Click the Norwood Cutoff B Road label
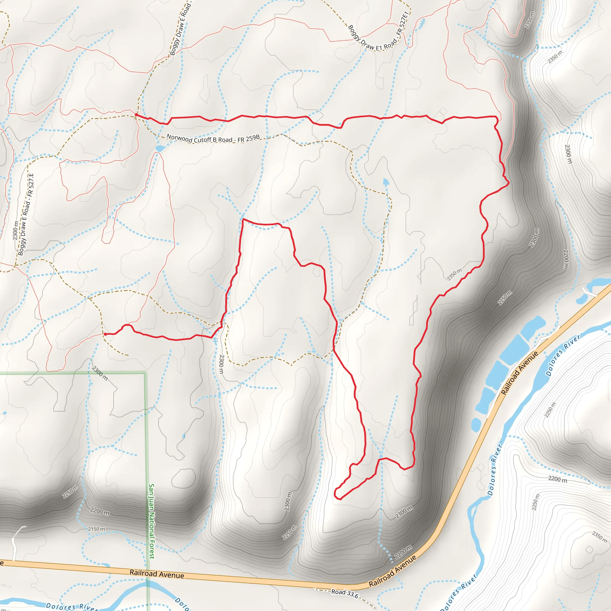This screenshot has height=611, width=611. tap(213, 138)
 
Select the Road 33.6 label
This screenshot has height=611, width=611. tap(345, 593)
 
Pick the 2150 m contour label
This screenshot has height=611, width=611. tap(96, 529)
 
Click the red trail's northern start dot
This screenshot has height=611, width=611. tap(136, 115)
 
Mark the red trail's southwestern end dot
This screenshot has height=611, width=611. tap(105, 334)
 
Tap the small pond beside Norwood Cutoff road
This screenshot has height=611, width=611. tap(160, 148)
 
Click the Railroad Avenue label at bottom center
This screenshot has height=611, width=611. tap(157, 574)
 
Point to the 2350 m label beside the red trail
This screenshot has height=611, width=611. tap(454, 274)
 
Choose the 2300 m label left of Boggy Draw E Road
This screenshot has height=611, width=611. tap(16, 230)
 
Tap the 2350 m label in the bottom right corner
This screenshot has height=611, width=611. tap(599, 537)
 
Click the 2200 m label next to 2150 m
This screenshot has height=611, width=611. tap(100, 511)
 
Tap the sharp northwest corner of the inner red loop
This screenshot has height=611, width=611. tap(243, 219)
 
